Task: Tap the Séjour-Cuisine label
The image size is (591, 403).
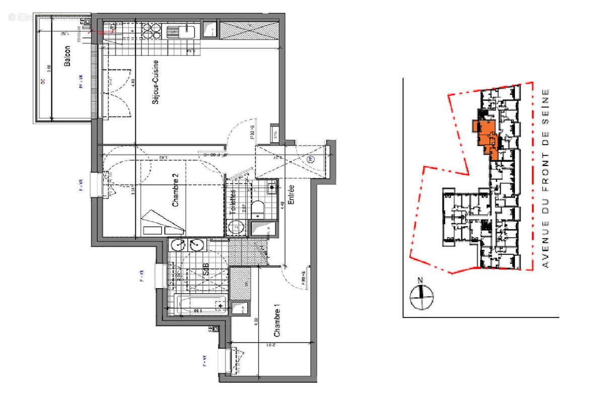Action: click(x=156, y=82)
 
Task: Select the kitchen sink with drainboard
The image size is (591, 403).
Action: click(x=181, y=32)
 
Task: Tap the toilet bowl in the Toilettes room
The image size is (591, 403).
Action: click(x=259, y=208)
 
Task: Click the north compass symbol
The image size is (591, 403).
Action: click(x=421, y=295)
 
